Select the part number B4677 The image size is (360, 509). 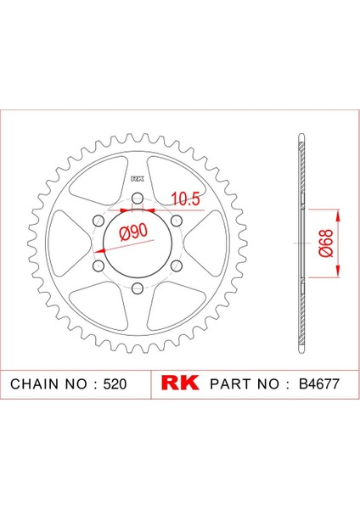point(320,384)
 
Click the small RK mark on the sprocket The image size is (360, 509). point(136,180)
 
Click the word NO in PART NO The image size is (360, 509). point(271,384)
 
